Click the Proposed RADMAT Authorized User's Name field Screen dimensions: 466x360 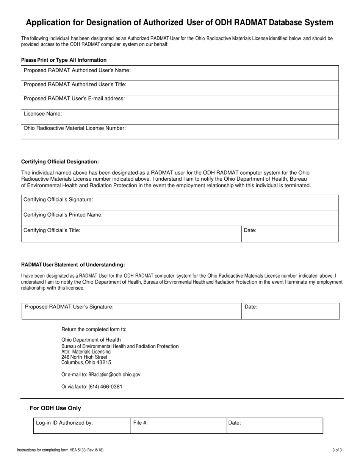point(180,72)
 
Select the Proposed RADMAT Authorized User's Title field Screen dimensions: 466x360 point(180,87)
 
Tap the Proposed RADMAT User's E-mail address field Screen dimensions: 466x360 point(180,102)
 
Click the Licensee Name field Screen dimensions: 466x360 point(180,117)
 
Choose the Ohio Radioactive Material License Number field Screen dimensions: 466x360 point(180,131)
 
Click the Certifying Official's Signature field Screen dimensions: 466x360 point(180,202)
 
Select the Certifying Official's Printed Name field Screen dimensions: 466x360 point(180,218)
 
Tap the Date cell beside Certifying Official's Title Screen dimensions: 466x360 point(290,234)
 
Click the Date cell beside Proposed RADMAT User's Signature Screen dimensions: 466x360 point(290,311)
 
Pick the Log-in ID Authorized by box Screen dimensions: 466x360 point(82,425)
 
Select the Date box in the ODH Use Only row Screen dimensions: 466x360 point(275,425)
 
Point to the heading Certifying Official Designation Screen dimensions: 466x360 point(60,162)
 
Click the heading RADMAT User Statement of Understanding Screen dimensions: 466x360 point(73,265)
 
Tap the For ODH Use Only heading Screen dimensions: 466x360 point(55,408)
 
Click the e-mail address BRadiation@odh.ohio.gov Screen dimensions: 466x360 point(114,374)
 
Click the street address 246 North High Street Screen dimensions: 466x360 point(84,357)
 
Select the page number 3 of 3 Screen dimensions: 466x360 point(337,450)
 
